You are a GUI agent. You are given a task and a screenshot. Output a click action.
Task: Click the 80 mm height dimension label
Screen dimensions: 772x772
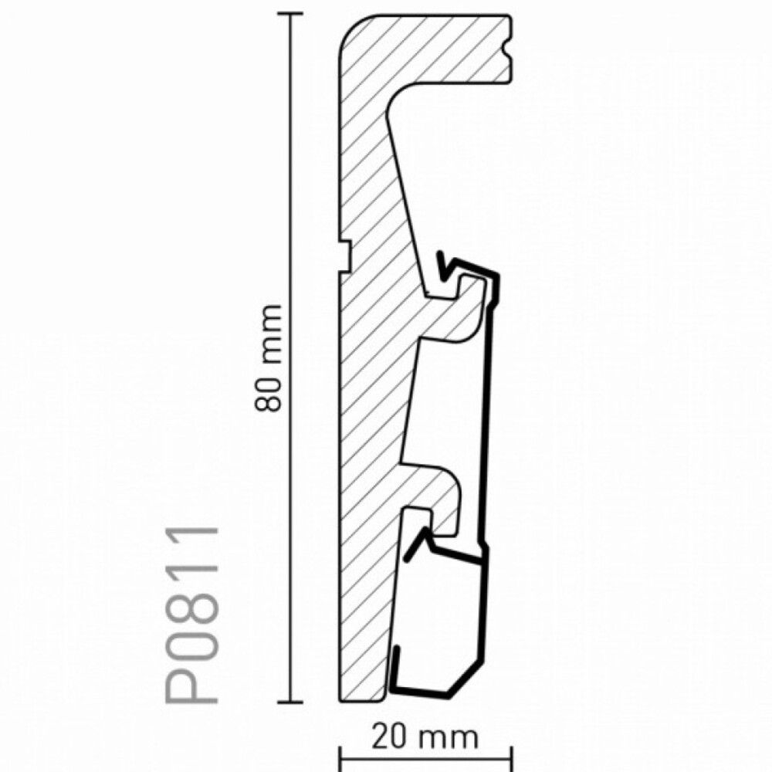269,358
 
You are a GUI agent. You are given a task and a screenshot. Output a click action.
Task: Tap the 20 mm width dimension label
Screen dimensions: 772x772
425,737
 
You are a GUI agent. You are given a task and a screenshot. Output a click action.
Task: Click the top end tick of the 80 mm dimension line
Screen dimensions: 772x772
290,15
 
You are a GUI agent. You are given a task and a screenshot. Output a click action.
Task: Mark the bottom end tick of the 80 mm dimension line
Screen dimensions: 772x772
290,701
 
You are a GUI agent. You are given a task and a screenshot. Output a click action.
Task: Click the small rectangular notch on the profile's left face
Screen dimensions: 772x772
344,256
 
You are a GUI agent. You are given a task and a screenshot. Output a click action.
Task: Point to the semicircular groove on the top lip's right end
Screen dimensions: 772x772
508,48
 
